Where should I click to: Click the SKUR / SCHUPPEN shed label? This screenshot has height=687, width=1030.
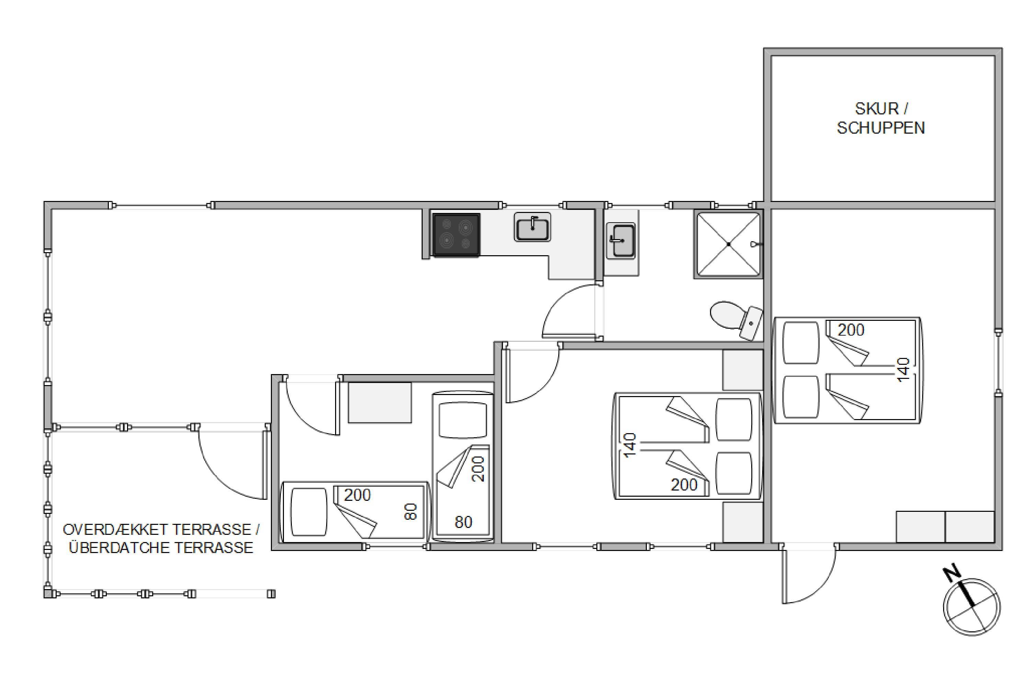[x=881, y=118]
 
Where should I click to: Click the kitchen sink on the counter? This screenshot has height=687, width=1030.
[x=532, y=227]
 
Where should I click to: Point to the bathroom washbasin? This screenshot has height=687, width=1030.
[x=620, y=240]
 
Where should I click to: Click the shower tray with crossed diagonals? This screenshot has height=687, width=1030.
[x=728, y=244]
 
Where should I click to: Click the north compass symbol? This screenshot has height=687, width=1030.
[x=971, y=607]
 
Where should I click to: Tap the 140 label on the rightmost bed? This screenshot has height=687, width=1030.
[x=903, y=370]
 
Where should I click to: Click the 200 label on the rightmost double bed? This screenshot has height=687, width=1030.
[x=851, y=330]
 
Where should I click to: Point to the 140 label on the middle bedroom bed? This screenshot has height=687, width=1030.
[x=629, y=445]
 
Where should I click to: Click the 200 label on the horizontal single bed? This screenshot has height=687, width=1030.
[x=357, y=495]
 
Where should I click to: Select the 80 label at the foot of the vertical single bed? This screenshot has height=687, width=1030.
[x=463, y=522]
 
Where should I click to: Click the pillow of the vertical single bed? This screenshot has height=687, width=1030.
[x=463, y=420]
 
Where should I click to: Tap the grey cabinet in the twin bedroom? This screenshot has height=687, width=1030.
[x=380, y=402]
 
